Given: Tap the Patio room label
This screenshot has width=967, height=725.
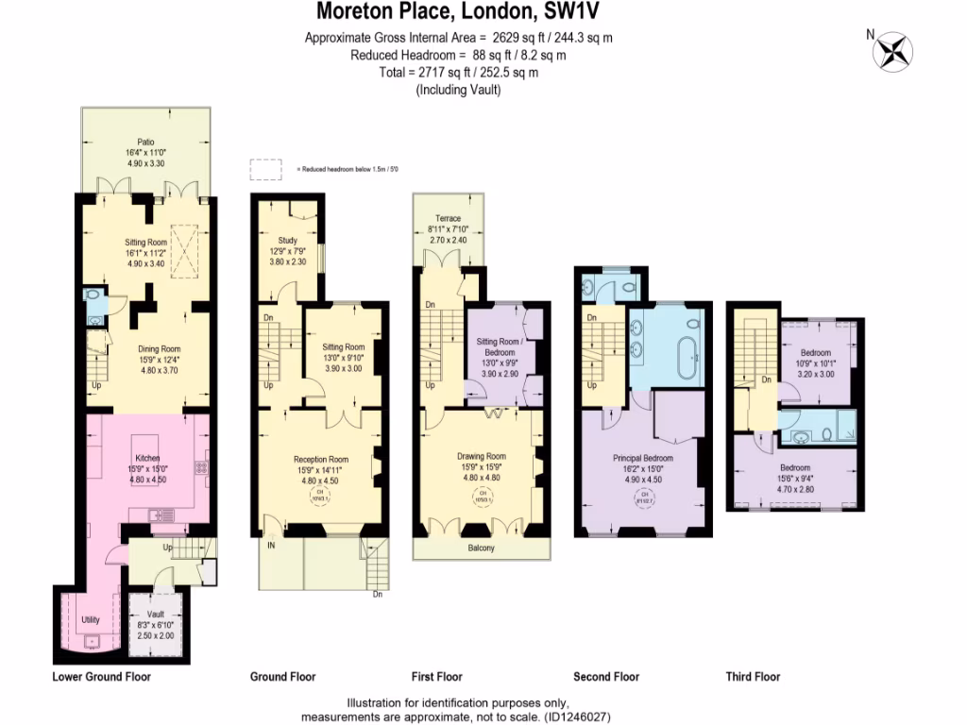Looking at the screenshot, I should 145,143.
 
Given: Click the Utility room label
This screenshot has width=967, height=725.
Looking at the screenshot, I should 91,620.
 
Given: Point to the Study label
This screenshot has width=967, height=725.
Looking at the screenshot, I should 287,241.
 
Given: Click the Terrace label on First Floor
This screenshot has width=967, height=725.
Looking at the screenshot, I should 449,219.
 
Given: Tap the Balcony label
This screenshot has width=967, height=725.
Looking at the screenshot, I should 482,548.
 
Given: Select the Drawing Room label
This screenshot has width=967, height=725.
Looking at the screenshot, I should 483,457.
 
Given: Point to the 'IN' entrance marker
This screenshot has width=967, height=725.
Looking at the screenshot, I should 272,546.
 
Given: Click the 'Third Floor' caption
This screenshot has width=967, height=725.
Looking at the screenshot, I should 753,677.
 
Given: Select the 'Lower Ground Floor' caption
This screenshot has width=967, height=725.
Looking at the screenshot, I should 101,677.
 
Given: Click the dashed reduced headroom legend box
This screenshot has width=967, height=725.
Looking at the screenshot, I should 266,169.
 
